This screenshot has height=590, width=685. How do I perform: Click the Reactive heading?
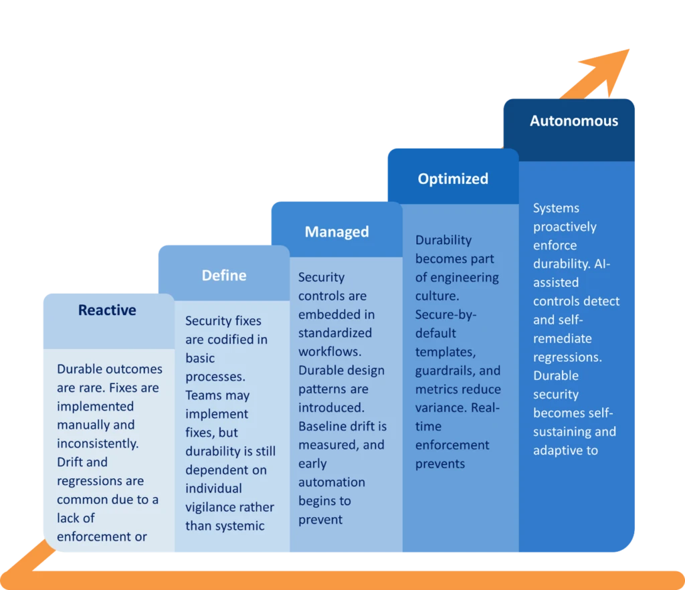click(107, 310)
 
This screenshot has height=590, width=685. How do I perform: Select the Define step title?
click(224, 276)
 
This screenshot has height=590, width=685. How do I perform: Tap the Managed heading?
click(336, 232)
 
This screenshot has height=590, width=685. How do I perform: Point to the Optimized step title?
click(453, 179)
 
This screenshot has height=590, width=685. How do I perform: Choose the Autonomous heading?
click(574, 121)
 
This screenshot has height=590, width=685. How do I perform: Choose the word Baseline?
click(324, 426)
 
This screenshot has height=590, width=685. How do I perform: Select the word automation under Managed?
click(332, 482)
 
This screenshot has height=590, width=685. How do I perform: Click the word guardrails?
click(446, 371)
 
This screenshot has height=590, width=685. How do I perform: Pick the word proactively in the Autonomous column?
click(565, 227)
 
